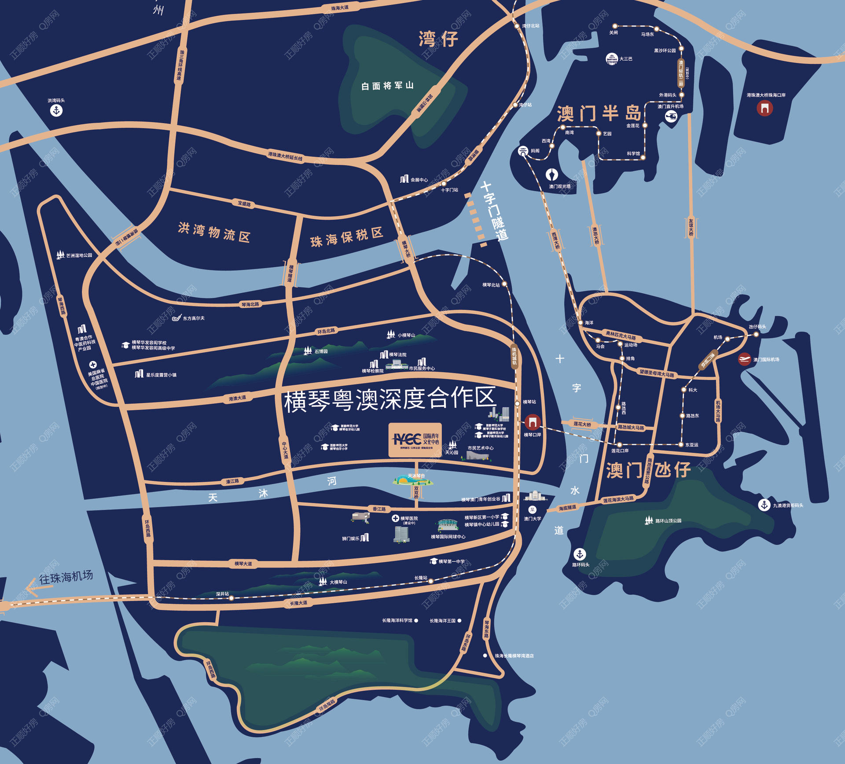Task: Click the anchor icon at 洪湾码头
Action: click(56, 110)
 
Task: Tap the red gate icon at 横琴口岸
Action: click(533, 422)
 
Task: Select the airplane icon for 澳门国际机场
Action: click(744, 359)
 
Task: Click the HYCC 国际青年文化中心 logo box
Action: click(415, 439)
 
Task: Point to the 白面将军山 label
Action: click(387, 85)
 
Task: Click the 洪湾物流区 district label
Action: click(214, 232)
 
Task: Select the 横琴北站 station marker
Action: click(504, 284)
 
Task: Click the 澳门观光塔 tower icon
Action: click(552, 175)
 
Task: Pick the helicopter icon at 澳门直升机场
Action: click(671, 116)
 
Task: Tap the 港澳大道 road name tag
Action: click(237, 399)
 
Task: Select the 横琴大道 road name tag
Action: click(243, 564)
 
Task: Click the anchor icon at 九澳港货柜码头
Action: click(764, 505)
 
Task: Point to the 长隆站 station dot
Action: click(431, 581)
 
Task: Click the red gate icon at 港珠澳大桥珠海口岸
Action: click(764, 108)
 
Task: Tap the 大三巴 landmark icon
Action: click(612, 59)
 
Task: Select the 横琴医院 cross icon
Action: click(395, 518)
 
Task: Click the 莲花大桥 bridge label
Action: click(582, 424)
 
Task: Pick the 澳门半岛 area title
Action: click(599, 114)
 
